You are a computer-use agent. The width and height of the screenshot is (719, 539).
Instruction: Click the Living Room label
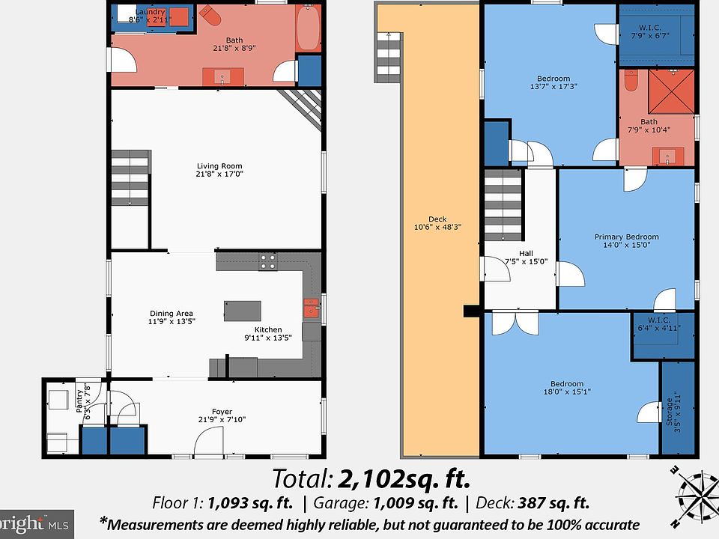click(x=219, y=170)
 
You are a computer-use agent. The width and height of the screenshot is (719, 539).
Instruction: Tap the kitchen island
click(x=243, y=311)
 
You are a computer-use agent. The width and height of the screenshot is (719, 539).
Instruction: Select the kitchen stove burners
click(x=268, y=261)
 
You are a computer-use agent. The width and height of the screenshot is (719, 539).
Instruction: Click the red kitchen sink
click(x=312, y=308)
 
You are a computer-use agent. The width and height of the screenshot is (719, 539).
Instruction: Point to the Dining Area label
click(x=172, y=317)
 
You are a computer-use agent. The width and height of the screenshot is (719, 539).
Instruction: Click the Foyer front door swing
click(x=209, y=441)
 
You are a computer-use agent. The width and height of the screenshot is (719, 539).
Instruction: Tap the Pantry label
click(x=83, y=401)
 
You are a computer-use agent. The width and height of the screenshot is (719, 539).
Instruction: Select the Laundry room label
click(x=150, y=16)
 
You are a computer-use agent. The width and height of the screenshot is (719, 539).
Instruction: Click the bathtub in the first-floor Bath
click(x=309, y=28)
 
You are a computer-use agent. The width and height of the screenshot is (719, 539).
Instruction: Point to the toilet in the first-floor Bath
click(x=210, y=16)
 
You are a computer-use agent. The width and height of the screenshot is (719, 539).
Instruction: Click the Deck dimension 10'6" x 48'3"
click(x=437, y=227)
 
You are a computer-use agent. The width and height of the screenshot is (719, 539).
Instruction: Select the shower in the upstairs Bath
click(x=671, y=91)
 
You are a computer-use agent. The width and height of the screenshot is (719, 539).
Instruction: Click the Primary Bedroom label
click(x=626, y=240)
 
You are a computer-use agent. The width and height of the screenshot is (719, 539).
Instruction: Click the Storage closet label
click(x=673, y=412)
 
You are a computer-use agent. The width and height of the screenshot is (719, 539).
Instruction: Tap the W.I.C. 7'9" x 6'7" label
click(x=650, y=31)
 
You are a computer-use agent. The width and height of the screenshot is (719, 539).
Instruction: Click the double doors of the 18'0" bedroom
click(x=515, y=323)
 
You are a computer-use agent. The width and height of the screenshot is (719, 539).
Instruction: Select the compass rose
click(x=696, y=496)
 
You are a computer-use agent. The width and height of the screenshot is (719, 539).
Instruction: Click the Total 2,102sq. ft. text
click(x=371, y=479)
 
